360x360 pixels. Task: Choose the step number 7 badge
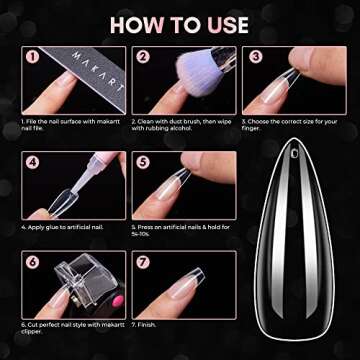(x=143, y=263)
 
